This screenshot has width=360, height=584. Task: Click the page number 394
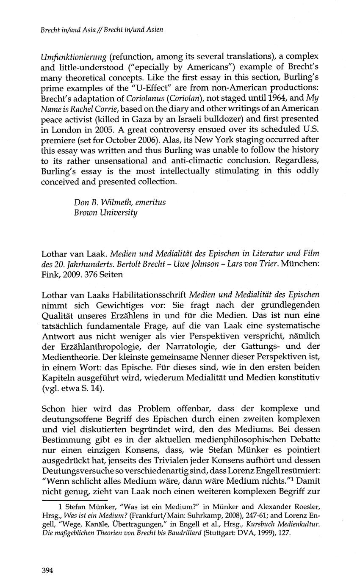tap(47, 570)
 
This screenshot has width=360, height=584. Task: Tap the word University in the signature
tap(117, 212)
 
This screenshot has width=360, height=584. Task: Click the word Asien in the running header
tap(154, 29)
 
